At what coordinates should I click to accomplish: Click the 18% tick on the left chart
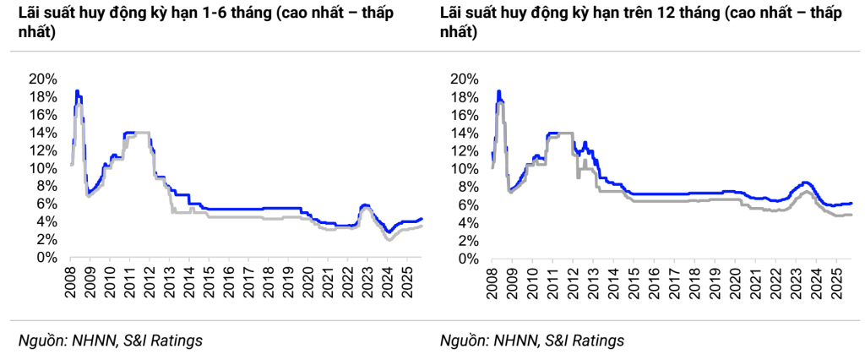(43, 96)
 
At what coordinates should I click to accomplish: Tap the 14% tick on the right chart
(465, 133)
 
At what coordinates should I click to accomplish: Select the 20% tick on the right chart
(465, 79)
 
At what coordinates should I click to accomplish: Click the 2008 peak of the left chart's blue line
(77, 90)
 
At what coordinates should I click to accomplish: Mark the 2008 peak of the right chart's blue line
(499, 90)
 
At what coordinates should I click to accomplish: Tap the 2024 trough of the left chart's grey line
(388, 240)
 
